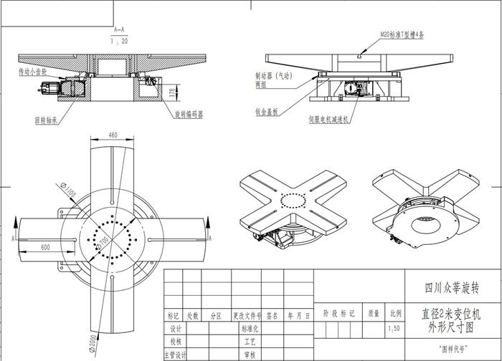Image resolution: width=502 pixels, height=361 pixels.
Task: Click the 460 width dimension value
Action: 113,134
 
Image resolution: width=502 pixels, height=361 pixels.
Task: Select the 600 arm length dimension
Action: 45,247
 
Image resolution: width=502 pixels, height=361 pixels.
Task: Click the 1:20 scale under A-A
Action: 120,42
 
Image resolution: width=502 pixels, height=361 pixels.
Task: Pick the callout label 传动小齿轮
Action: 32,72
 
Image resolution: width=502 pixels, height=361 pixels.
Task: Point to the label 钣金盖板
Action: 267,112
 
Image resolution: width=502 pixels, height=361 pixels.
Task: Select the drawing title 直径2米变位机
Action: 454,314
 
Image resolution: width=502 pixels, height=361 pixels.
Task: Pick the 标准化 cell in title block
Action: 250,329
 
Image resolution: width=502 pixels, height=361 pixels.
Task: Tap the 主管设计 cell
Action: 176,355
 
